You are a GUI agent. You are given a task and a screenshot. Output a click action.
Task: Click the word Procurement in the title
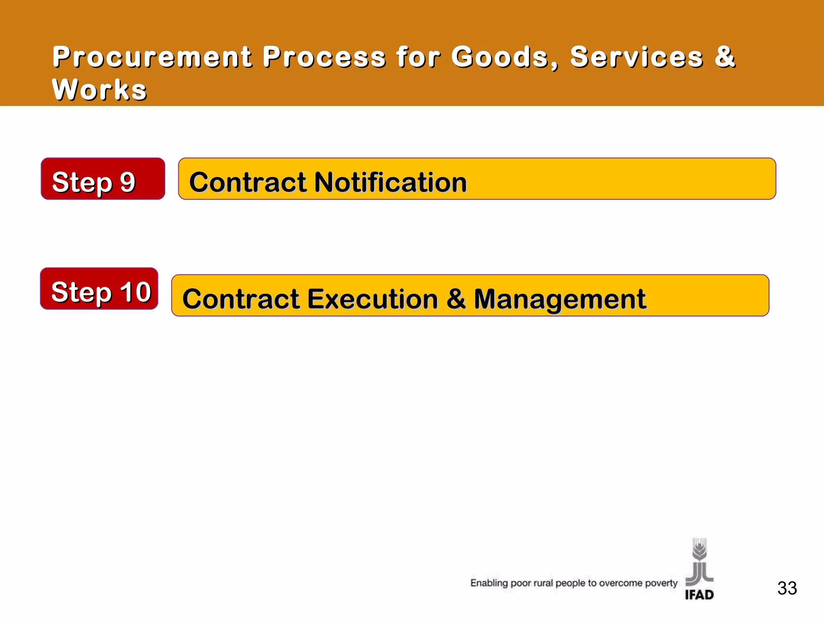(152, 57)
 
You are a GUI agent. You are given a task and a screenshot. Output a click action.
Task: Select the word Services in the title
(637, 57)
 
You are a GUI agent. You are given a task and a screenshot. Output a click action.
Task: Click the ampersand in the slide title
(725, 57)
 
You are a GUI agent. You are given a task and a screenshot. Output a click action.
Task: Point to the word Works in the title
(99, 89)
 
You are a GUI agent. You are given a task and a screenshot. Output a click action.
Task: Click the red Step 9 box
(103, 179)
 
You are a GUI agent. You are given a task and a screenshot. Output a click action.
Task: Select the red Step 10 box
(99, 288)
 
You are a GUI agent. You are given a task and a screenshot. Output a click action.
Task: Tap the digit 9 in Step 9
(128, 182)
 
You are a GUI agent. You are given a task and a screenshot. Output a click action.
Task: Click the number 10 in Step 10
(136, 292)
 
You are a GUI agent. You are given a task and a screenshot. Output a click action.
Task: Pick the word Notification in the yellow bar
(390, 182)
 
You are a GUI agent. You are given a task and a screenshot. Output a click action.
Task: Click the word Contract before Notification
(248, 182)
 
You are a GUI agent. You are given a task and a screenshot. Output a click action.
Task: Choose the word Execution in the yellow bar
(373, 299)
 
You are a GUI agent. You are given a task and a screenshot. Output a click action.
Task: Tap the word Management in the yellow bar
(560, 299)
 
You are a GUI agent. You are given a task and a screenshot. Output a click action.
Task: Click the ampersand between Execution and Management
(456, 299)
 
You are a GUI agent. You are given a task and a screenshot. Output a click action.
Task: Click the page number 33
(787, 588)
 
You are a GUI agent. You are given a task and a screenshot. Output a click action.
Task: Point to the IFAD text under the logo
(699, 595)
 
